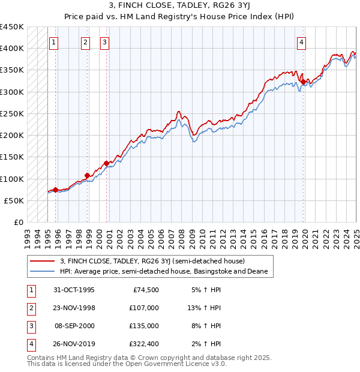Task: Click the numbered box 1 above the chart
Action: pos(55,42)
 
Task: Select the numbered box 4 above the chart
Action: pos(301,42)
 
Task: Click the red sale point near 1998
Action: pos(88,176)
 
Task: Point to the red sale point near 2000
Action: pos(106,163)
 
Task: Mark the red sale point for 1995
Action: pos(56,190)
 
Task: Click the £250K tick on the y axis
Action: pos(12,113)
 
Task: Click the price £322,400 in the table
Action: pos(144,344)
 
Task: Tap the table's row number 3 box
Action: pos(31,326)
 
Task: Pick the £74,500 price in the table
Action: pos(146,290)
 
